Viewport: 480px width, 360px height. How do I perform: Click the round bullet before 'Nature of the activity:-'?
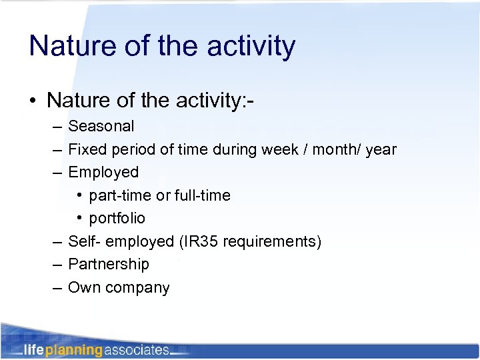(33, 101)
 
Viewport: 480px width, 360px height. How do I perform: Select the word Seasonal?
(101, 126)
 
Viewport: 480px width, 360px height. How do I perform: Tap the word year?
(381, 149)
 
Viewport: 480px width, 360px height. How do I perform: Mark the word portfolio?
(117, 219)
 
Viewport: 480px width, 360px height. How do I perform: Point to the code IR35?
(199, 241)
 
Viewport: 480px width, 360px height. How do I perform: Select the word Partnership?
(109, 264)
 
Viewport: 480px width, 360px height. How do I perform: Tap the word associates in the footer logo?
(136, 350)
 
